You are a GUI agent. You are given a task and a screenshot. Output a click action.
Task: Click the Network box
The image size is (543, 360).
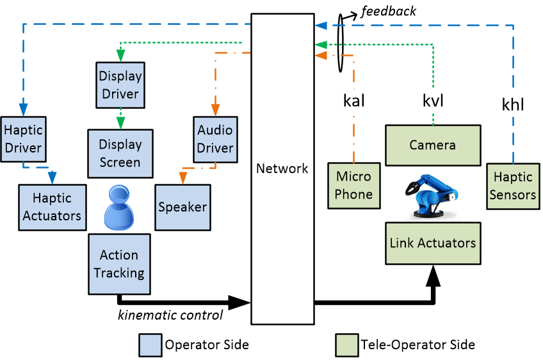pyautogui.click(x=282, y=169)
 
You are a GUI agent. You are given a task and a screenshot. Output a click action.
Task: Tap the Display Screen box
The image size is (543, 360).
pyautogui.click(x=120, y=154)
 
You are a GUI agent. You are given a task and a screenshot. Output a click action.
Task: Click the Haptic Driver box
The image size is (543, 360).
pyautogui.click(x=23, y=139)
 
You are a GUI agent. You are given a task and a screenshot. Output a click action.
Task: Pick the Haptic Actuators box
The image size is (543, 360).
pyautogui.click(x=53, y=206)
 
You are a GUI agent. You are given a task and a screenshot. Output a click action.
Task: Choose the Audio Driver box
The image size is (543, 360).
pyautogui.click(x=215, y=139)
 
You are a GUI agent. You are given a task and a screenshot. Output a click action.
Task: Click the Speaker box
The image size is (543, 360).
pyautogui.click(x=182, y=207)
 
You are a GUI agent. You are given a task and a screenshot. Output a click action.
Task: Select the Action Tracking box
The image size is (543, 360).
pyautogui.click(x=119, y=264)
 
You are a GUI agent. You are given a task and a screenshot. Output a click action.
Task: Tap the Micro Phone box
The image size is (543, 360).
pyautogui.click(x=353, y=184)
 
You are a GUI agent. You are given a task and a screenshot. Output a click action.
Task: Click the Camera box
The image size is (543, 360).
pyautogui.click(x=432, y=145)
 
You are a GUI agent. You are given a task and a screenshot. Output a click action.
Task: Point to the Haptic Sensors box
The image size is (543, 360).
pyautogui.click(x=512, y=186)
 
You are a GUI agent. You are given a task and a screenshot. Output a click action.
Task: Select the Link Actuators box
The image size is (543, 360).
pyautogui.click(x=432, y=243)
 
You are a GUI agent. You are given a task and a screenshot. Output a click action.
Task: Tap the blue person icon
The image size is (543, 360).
pyautogui.click(x=119, y=206)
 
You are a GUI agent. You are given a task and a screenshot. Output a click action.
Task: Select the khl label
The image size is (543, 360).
pyautogui.click(x=512, y=104)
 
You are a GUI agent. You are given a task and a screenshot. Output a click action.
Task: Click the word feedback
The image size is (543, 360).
pyautogui.click(x=388, y=11)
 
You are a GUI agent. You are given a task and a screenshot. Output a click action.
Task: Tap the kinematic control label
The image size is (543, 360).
pyautogui.click(x=170, y=315)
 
